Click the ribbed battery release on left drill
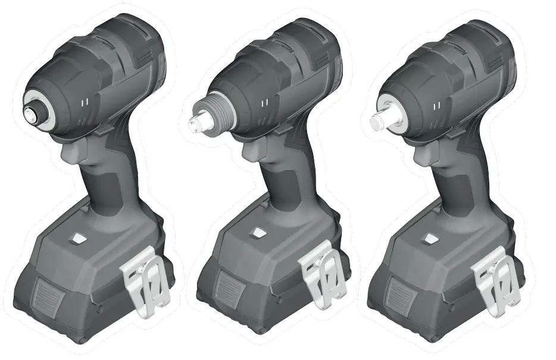pyautogui.click(x=49, y=295)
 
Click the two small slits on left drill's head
pyautogui.click(x=86, y=103)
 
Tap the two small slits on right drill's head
pyautogui.click(x=438, y=106)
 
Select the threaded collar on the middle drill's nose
pyautogui.click(x=220, y=112)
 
